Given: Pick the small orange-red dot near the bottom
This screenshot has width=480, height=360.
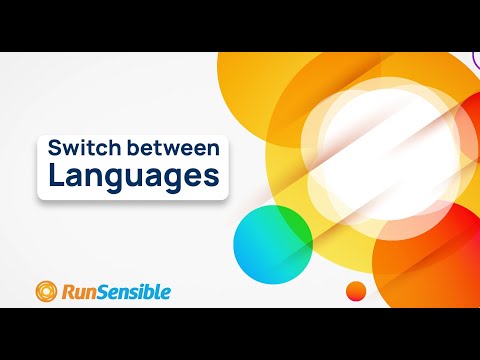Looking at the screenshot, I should point(354,291).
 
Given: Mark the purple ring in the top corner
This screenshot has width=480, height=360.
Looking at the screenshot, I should point(474,60).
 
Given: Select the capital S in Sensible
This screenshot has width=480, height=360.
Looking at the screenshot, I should point(105,292).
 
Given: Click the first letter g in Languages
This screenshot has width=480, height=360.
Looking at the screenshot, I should point(108,182).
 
